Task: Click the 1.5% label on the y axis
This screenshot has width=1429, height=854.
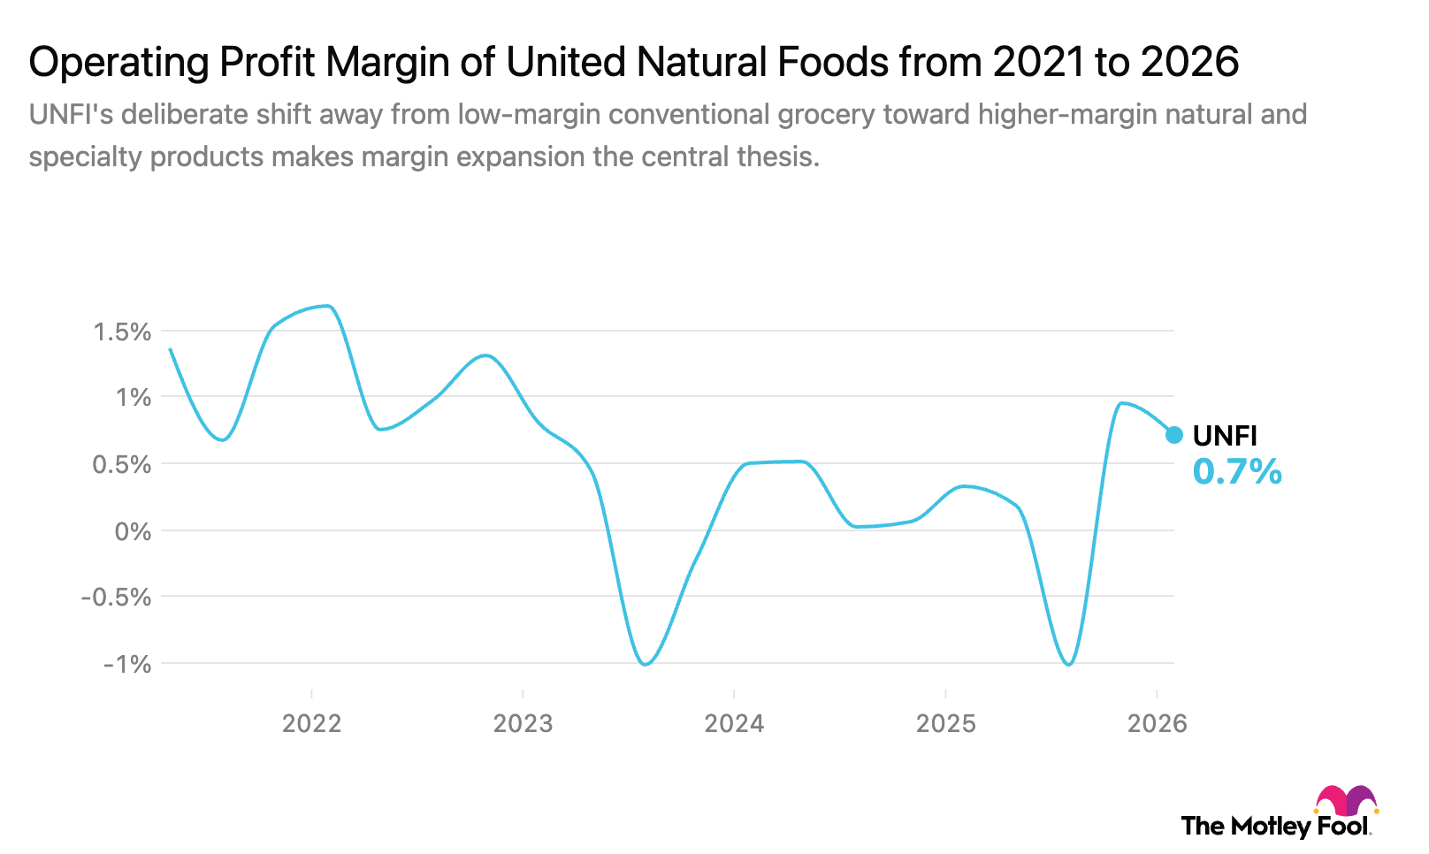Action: pyautogui.click(x=122, y=332)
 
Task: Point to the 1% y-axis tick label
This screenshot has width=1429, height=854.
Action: pyautogui.click(x=133, y=398)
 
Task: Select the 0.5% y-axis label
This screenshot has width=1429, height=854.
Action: pyautogui.click(x=122, y=465)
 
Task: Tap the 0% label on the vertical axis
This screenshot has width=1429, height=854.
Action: pyautogui.click(x=133, y=532)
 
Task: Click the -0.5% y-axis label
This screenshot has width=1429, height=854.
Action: pyautogui.click(x=116, y=598)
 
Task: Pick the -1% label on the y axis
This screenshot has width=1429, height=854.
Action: pyautogui.click(x=127, y=665)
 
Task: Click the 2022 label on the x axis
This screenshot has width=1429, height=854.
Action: pyautogui.click(x=311, y=724)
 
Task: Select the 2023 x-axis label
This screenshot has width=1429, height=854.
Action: pyautogui.click(x=523, y=724)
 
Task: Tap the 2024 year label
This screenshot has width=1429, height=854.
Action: pyautogui.click(x=734, y=724)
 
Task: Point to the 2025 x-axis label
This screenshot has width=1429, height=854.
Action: pyautogui.click(x=945, y=724)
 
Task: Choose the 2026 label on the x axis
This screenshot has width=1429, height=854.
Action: pyautogui.click(x=1157, y=724)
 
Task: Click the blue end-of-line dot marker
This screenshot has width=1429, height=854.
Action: pyautogui.click(x=1174, y=435)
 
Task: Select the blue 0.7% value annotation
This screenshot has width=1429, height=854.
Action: pyautogui.click(x=1237, y=472)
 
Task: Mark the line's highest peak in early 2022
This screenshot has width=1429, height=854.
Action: pyautogui.click(x=327, y=306)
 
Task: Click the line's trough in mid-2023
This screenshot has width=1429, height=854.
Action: pyautogui.click(x=646, y=664)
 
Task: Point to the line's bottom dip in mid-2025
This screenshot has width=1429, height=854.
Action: pyautogui.click(x=1069, y=664)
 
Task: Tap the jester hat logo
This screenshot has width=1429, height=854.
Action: pyautogui.click(x=1346, y=801)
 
